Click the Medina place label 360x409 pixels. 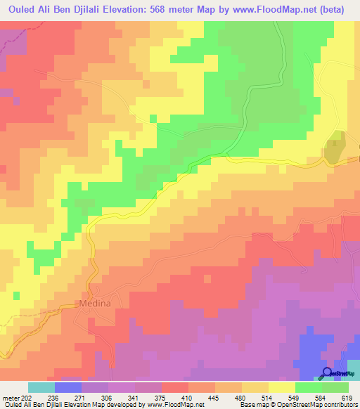pyautogui.click(x=91, y=304)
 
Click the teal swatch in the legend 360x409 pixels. pyautogui.click(x=41, y=387)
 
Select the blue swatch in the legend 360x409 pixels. pyautogui.click(x=67, y=387)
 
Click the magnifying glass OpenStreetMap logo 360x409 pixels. pyautogui.click(x=328, y=373)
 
